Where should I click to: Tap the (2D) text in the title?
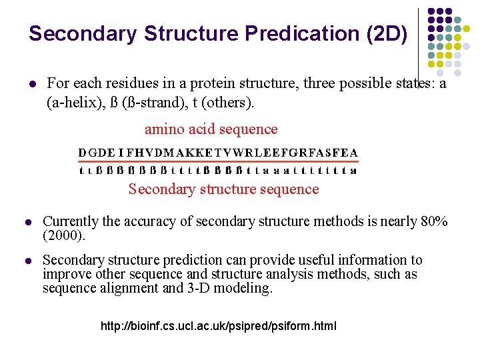click(387, 33)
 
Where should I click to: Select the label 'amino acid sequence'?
click(211, 129)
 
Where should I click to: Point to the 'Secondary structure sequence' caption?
click(223, 189)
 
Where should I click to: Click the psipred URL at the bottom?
click(218, 327)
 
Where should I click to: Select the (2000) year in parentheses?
click(64, 235)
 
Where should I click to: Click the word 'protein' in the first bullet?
click(213, 83)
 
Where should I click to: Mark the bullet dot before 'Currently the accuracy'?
click(28, 222)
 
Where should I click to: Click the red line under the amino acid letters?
click(218, 161)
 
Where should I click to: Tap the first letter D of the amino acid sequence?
click(83, 153)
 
